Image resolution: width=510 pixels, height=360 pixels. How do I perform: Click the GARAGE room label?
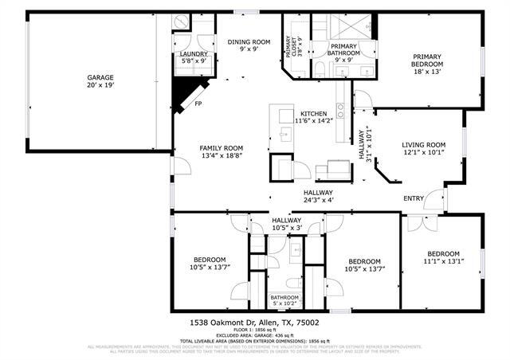pos(100,77)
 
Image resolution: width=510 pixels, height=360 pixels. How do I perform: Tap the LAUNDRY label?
pos(194,53)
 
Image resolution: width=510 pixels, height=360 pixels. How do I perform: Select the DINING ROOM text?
pos(249,41)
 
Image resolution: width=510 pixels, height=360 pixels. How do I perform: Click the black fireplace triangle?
pos(185,92)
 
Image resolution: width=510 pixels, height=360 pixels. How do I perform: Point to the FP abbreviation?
pos(198,104)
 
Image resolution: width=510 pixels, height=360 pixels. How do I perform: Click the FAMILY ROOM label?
pos(221,148)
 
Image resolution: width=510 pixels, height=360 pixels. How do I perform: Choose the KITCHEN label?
pos(312,113)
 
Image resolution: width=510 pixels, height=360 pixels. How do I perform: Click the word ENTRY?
pos(414,198)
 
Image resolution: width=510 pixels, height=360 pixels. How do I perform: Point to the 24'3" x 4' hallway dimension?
pos(317,201)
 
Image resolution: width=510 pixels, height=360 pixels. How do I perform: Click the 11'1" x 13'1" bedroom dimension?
pos(443,261)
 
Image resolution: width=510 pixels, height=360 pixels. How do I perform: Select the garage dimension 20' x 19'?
pos(100,85)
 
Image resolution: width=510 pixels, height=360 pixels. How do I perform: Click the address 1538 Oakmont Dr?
pos(218,323)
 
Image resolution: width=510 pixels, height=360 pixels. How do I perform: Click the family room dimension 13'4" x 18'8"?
pos(221,156)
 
